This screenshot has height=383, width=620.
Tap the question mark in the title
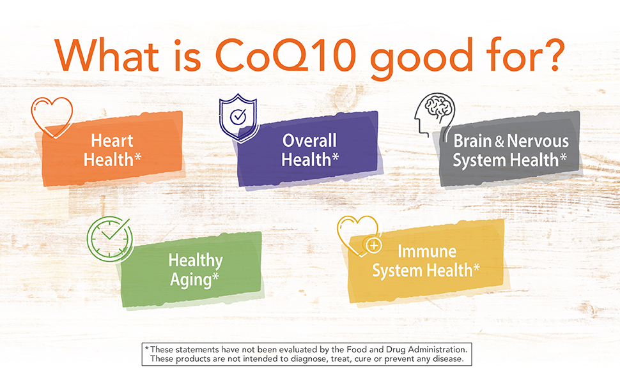click(550, 56)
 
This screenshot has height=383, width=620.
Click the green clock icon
click(109, 239)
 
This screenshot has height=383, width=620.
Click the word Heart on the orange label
click(112, 140)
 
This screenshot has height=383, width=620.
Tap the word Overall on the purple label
click(309, 140)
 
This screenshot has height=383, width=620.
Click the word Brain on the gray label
click(474, 140)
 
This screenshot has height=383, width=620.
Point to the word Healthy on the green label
click(195, 260)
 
